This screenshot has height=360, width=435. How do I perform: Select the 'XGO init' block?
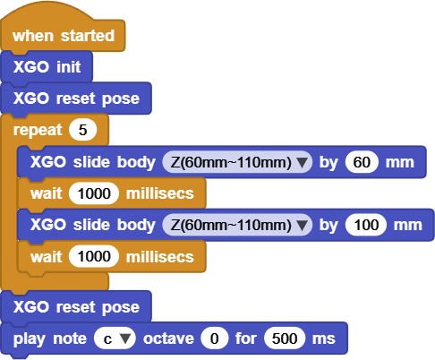(x=47, y=66)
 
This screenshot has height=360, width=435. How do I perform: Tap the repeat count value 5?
(x=83, y=130)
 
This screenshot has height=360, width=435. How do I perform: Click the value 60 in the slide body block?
(x=362, y=162)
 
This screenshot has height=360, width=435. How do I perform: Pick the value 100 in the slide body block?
(x=366, y=225)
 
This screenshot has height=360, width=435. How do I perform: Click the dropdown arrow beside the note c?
(x=125, y=339)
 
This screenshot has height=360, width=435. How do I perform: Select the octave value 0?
(x=215, y=339)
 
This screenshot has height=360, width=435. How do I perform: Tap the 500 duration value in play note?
(x=285, y=339)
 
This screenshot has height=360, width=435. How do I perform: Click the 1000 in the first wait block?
(x=94, y=193)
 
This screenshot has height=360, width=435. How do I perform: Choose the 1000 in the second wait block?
(x=94, y=256)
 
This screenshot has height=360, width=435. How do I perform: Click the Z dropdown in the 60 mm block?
(x=237, y=162)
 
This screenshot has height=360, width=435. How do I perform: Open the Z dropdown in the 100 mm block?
(x=237, y=225)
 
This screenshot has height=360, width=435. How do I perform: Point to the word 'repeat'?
(x=38, y=131)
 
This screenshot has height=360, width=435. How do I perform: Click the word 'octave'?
(x=168, y=339)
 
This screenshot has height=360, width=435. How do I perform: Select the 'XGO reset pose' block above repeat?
(x=76, y=99)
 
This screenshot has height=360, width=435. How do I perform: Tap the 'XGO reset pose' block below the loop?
(x=76, y=306)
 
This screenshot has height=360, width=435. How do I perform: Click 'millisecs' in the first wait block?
(x=160, y=193)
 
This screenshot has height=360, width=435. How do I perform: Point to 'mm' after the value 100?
(x=408, y=226)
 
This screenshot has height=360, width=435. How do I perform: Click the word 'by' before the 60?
(x=328, y=163)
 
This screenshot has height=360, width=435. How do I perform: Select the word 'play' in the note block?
(x=29, y=339)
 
